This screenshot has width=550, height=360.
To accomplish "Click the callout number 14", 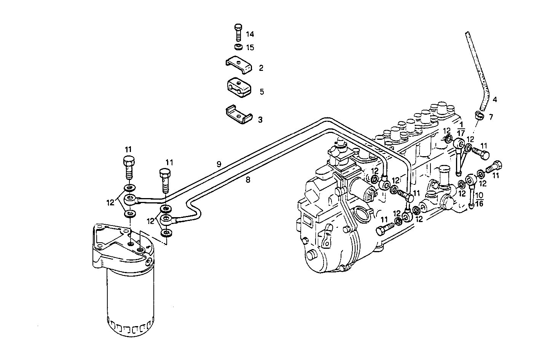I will pyautogui.click(x=250, y=34).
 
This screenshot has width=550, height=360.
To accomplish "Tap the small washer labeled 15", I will pyautogui.click(x=237, y=47).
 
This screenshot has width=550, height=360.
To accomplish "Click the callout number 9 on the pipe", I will pyautogui.click(x=219, y=165).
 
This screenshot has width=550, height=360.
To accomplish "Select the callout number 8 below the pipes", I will pyautogui.click(x=248, y=180).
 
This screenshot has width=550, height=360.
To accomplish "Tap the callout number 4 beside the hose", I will pyautogui.click(x=494, y=100).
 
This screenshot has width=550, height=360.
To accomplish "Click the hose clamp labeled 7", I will pyautogui.click(x=479, y=115).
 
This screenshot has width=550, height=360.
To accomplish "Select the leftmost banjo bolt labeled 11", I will pyautogui.click(x=128, y=166).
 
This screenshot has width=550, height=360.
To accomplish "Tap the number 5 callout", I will pyautogui.click(x=261, y=92).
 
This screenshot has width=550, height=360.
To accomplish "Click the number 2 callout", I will pyautogui.click(x=261, y=68).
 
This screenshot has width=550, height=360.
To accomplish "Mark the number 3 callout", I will pyautogui.click(x=260, y=120).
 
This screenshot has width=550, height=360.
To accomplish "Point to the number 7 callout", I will pyautogui.click(x=491, y=117).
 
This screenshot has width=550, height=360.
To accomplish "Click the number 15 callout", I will pyautogui.click(x=250, y=48).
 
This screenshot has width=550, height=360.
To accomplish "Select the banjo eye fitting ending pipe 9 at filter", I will pyautogui.click(x=130, y=198).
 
